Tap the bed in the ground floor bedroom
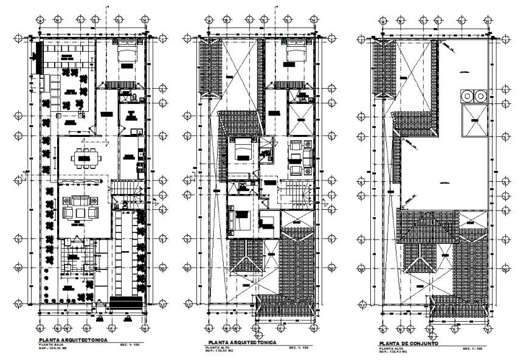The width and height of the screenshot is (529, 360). coord(128,55)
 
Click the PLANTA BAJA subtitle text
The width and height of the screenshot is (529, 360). coord(52,345)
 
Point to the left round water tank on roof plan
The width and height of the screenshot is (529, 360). coord(466,95)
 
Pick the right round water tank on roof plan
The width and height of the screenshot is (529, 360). coord(480,95)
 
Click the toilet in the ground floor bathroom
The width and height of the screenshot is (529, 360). coord(125,95)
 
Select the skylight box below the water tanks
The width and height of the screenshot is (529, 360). coord(474,122)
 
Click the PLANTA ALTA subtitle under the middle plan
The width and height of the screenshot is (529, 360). coord(217,348)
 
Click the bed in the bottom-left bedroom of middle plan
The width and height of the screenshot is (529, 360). coord(237,220)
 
